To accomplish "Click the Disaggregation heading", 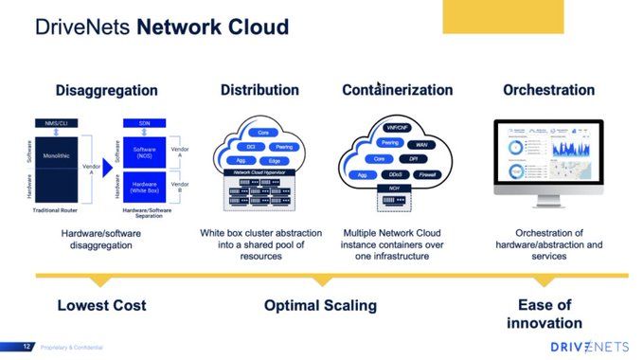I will (106, 91).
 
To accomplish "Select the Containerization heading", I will (397, 91).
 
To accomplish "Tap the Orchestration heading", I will (548, 91).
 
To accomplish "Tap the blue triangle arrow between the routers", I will (107, 168).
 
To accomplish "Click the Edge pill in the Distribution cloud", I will (274, 161).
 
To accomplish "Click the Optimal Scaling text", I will (320, 306).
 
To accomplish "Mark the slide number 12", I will (27, 347).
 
